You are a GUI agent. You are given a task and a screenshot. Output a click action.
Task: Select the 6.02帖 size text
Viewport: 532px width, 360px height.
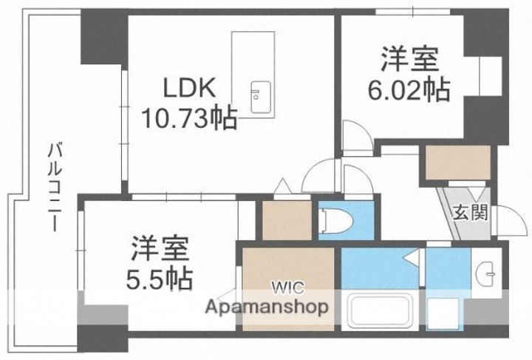409,89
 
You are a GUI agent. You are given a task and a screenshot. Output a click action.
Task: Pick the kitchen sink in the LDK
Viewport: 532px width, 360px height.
260,97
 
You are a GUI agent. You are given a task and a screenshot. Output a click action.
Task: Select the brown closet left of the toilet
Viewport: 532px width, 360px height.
284,220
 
